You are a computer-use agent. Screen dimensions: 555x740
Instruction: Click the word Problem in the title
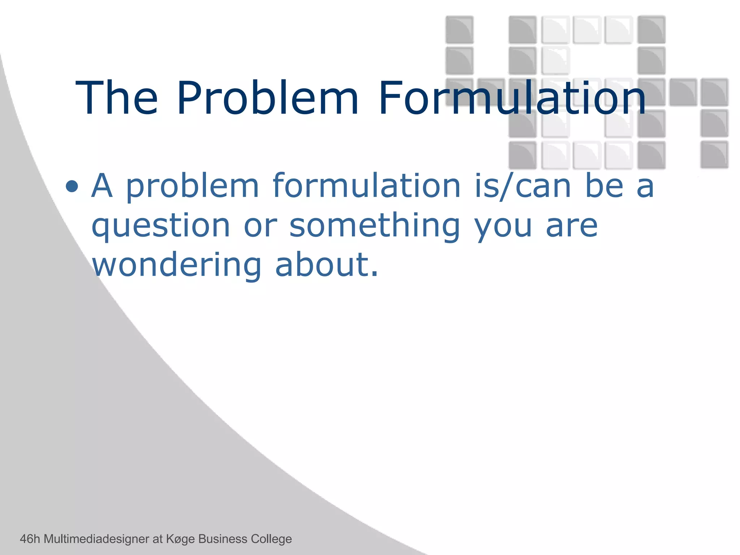267,98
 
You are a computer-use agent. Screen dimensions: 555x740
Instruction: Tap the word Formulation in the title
512,98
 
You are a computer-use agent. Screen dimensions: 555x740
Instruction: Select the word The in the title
116,98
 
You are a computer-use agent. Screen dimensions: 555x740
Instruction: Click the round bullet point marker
72,186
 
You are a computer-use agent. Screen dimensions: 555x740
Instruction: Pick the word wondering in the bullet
177,264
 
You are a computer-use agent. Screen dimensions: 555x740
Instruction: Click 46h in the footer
30,539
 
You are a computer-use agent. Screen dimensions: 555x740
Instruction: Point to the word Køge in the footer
180,539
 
